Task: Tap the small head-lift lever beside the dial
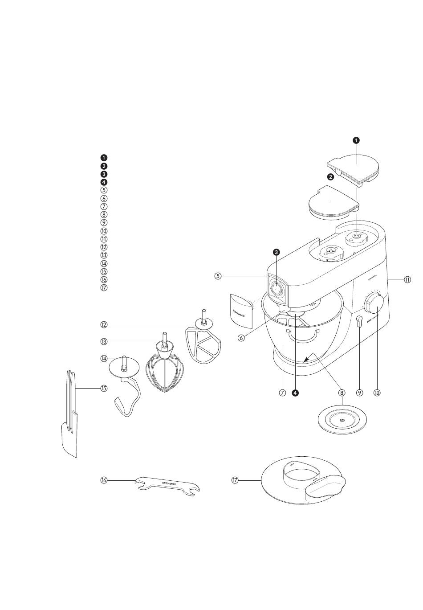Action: point(359,322)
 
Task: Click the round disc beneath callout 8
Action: point(342,421)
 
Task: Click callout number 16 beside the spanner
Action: point(104,480)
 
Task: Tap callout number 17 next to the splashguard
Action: point(235,480)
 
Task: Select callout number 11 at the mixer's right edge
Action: point(407,280)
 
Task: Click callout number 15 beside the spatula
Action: point(104,388)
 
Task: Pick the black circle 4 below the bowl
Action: point(295,393)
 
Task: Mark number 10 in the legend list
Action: point(104,231)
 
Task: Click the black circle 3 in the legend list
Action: point(104,174)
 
